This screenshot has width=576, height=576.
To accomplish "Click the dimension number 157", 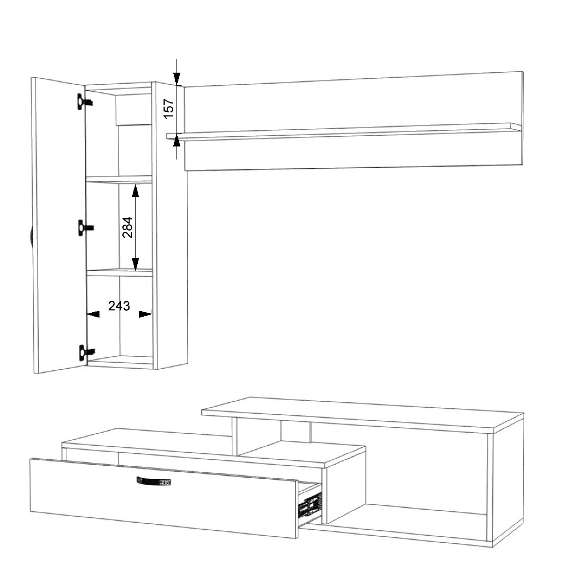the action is [169, 108].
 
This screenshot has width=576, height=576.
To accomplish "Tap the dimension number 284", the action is [128, 227].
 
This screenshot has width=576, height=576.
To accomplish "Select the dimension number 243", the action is [119, 306].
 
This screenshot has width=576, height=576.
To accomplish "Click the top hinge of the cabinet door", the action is [85, 101].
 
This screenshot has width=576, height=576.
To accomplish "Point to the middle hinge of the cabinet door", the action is [86, 228].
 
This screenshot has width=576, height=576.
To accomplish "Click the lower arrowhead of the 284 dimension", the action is [136, 264].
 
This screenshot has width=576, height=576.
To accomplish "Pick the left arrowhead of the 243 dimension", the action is [93, 314].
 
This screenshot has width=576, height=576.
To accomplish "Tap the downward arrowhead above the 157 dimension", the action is [177, 79].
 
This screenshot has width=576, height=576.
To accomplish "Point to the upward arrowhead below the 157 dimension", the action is [177, 140].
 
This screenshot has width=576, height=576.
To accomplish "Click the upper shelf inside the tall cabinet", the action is [119, 179].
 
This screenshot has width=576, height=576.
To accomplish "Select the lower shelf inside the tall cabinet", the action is [120, 272].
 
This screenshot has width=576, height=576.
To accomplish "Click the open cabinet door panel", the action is [59, 226].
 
